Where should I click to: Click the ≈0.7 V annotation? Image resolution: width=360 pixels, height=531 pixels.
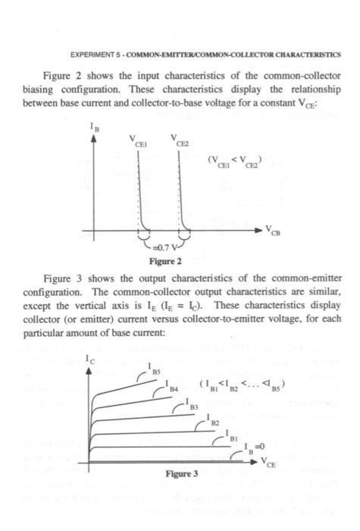point(164,247)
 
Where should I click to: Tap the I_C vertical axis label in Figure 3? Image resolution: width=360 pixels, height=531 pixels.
point(91,357)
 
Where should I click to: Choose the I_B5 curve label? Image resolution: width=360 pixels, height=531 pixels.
point(153,372)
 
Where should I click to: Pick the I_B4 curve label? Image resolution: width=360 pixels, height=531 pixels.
point(173,388)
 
